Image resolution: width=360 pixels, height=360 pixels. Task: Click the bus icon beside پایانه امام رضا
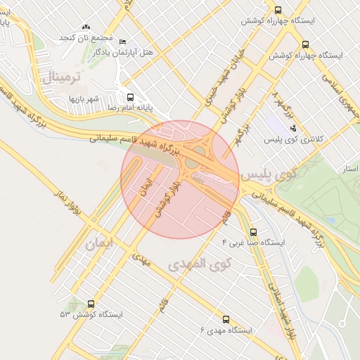pos(129,97)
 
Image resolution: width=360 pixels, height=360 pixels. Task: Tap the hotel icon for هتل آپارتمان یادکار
pos(124,41)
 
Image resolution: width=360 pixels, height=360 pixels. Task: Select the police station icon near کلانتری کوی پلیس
pos(293,127)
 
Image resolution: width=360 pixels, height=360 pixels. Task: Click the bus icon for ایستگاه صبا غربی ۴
pos(253,231)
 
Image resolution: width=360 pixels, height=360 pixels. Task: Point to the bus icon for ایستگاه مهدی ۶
pos(226,318)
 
